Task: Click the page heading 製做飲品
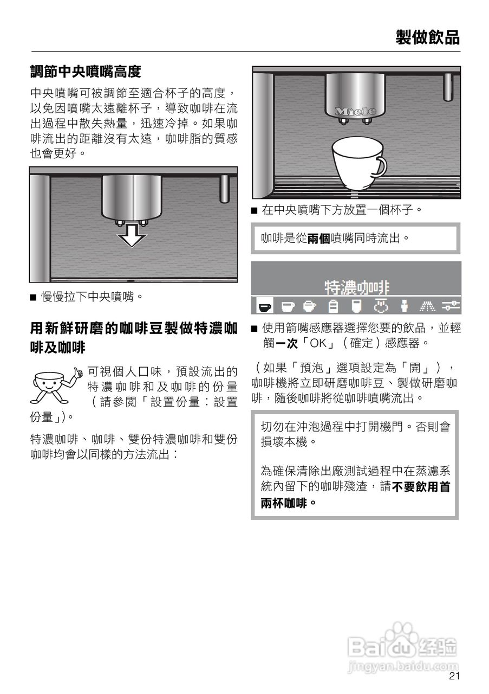[427, 37]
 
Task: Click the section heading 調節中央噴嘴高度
[86, 71]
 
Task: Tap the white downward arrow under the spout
[132, 234]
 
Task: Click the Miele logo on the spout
[355, 111]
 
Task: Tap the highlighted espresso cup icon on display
[264, 306]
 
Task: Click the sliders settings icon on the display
[450, 306]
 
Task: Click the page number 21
[454, 676]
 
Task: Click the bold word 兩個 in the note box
[319, 237]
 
